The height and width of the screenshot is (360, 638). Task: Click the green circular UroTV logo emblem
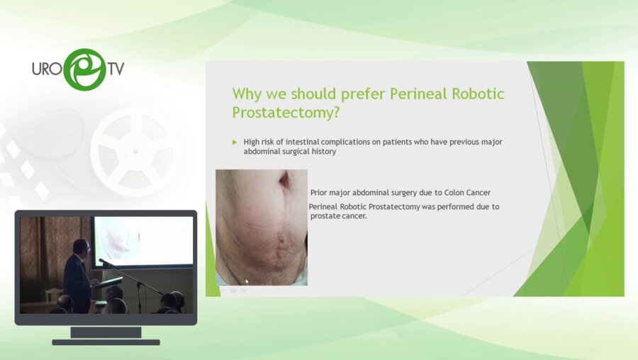85,69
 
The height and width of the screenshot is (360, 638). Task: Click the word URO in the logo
47,69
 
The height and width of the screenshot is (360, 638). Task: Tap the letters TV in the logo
116,69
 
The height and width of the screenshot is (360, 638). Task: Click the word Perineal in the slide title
419,94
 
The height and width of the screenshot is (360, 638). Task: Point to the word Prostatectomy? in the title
286,113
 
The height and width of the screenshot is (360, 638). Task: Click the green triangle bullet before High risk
235,142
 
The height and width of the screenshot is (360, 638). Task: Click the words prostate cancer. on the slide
339,216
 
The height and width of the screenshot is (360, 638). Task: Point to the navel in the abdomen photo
284,178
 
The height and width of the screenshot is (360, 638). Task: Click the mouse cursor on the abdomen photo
247,281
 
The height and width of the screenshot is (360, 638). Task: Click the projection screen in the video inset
143,241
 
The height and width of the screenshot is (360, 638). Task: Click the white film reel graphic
135,152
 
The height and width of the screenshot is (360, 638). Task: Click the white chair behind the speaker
53,296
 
